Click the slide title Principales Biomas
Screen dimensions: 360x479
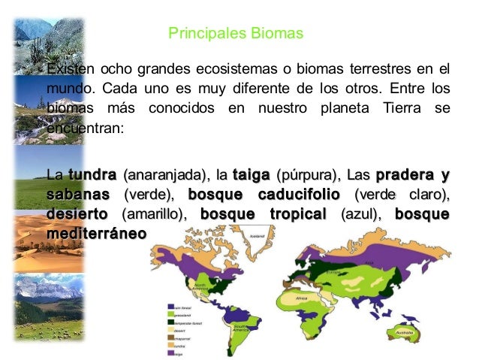(235, 35)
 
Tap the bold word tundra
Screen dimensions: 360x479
(92, 177)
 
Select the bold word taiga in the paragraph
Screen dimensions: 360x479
(252, 177)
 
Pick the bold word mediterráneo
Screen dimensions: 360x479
(97, 233)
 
